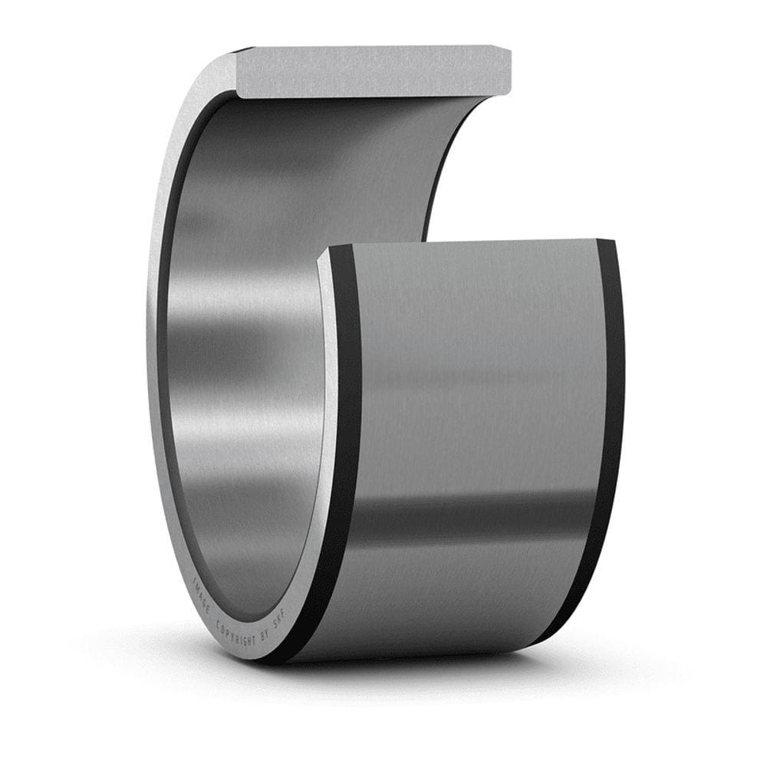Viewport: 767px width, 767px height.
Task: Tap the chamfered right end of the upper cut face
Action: pyautogui.click(x=505, y=71)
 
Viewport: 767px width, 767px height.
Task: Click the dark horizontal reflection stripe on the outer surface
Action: pyautogui.click(x=476, y=522)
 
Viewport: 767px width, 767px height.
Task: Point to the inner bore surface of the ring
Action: pyautogui.click(x=245, y=345)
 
